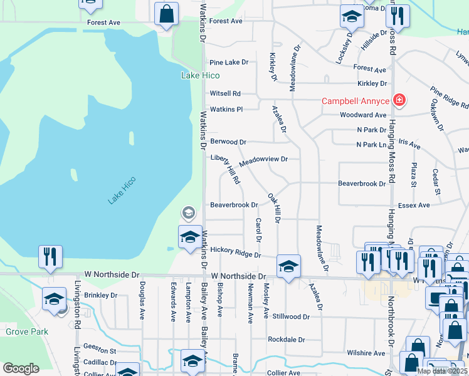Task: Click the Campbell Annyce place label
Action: click(x=356, y=101)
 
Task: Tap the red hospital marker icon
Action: click(x=398, y=100)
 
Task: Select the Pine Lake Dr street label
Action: click(x=229, y=63)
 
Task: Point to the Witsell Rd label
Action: click(x=225, y=93)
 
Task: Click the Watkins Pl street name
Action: click(x=226, y=109)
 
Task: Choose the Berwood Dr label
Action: click(x=228, y=142)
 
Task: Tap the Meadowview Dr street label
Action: click(x=263, y=159)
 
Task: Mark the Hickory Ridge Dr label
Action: click(x=235, y=251)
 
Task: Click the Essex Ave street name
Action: click(x=414, y=205)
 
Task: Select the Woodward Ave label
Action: click(x=363, y=115)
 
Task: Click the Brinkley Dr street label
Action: click(x=101, y=295)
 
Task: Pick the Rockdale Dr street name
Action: click(x=286, y=340)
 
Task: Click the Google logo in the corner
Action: click(x=21, y=368)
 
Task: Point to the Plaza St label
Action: click(x=413, y=175)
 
